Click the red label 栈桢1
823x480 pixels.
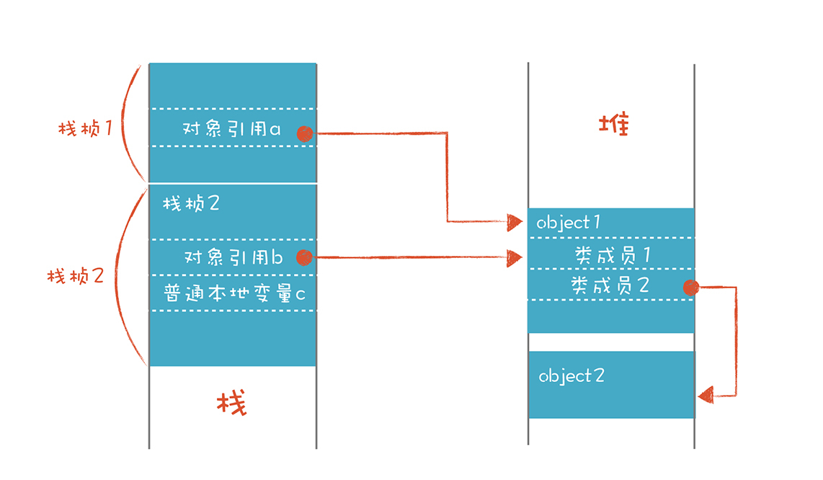click(x=86, y=130)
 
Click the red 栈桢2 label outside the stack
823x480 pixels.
click(x=76, y=276)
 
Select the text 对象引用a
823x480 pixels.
click(x=232, y=130)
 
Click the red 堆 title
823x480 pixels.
click(x=614, y=124)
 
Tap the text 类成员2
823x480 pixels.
click(x=610, y=285)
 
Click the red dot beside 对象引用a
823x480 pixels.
click(x=305, y=133)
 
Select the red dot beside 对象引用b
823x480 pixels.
click(x=304, y=257)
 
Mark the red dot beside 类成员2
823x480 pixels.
click(x=691, y=288)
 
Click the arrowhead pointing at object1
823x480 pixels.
click(x=515, y=221)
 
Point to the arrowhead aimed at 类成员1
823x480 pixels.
click(x=515, y=257)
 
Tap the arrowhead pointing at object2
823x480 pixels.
click(x=706, y=395)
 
